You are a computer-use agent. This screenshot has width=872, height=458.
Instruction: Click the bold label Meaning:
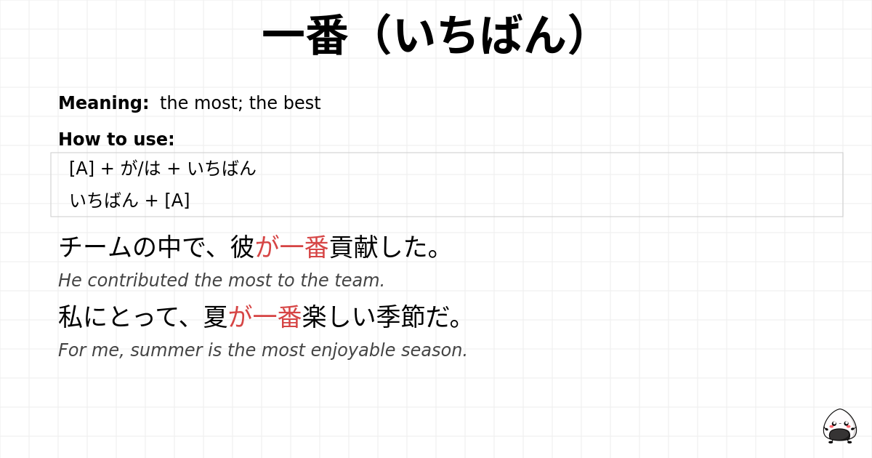[103, 103]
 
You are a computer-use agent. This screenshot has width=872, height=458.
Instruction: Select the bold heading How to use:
[116, 140]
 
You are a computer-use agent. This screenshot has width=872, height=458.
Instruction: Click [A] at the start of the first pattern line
[81, 168]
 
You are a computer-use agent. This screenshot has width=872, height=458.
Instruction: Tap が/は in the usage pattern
[141, 168]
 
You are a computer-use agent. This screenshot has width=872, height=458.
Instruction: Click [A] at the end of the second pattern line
[177, 201]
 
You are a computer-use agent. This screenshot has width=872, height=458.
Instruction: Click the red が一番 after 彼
[292, 247]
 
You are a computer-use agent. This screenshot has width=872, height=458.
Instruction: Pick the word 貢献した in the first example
[378, 247]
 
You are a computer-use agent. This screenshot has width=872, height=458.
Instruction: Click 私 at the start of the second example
[70, 317]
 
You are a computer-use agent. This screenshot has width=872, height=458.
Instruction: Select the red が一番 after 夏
[265, 317]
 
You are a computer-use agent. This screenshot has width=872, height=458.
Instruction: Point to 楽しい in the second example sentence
[338, 317]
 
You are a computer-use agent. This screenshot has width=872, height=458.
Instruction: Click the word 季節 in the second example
[399, 317]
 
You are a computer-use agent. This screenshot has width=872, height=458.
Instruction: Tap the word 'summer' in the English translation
[166, 350]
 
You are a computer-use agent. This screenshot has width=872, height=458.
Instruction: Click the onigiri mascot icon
[839, 426]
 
